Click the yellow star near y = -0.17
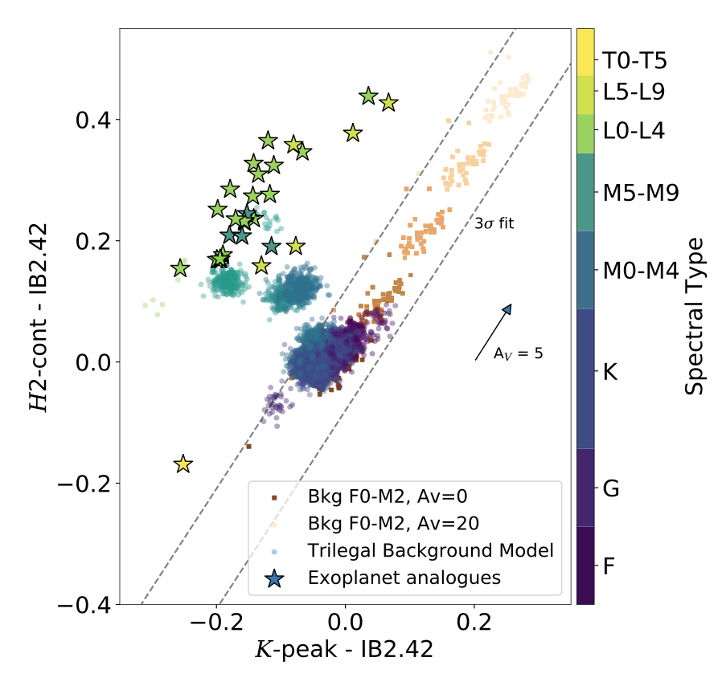click(x=183, y=463)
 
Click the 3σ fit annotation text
click(x=494, y=224)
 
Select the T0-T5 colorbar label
click(x=636, y=60)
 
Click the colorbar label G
click(x=612, y=488)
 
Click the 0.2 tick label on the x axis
click(x=474, y=623)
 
